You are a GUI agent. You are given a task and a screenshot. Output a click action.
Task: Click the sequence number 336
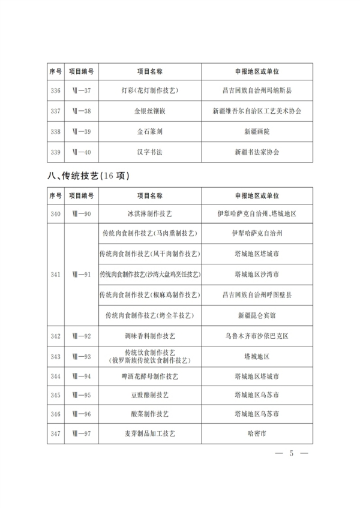(x=56, y=91)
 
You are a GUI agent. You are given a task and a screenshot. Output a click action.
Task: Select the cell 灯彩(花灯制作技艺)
(x=150, y=91)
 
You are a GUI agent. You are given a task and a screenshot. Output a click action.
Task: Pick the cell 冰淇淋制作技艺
(x=150, y=213)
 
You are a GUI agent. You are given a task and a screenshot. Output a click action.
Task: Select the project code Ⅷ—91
(x=81, y=275)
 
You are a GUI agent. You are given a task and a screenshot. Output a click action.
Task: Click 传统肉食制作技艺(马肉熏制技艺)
(x=150, y=234)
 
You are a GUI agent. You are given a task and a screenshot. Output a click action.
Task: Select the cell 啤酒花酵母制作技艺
(x=150, y=377)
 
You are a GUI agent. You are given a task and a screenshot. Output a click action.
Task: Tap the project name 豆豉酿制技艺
(x=150, y=396)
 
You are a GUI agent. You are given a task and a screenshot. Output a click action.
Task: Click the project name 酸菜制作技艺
(x=150, y=414)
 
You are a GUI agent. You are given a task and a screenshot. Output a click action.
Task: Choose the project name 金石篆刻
(x=150, y=131)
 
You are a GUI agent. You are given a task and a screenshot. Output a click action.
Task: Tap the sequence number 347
(x=56, y=433)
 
